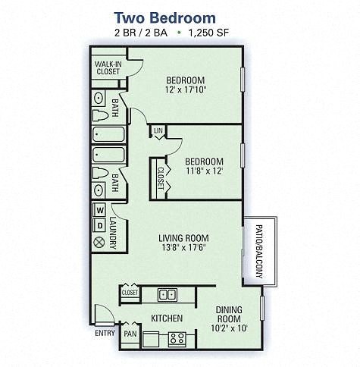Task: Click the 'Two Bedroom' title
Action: [x=164, y=17]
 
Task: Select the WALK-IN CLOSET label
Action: [x=108, y=67]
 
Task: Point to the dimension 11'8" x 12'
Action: [x=205, y=172]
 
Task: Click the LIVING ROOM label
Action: [x=183, y=237]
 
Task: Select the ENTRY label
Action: [x=105, y=333]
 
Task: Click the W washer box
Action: [x=99, y=210]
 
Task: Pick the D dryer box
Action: [x=99, y=225]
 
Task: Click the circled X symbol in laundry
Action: [x=99, y=243]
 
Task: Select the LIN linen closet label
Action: [x=158, y=132]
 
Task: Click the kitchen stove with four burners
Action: [x=177, y=338]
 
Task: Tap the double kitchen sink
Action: [x=167, y=294]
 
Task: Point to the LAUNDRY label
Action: [x=113, y=232]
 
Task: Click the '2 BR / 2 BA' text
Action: [x=141, y=33]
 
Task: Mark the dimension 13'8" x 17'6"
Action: [x=183, y=247]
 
